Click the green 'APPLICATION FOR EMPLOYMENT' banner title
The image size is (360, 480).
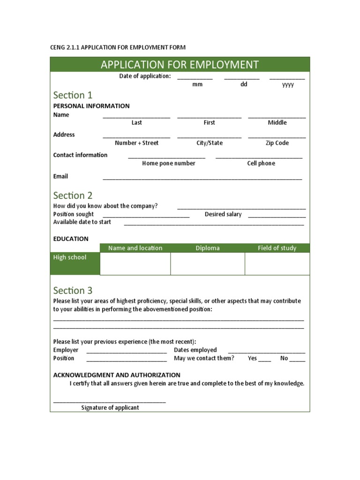pyautogui.click(x=180, y=64)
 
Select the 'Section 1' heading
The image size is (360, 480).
pyautogui.click(x=73, y=95)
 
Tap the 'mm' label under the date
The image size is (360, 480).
pyautogui.click(x=197, y=85)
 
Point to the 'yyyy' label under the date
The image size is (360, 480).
pyautogui.click(x=288, y=85)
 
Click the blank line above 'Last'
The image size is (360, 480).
pyautogui.click(x=136, y=117)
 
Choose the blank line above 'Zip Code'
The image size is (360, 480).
pyautogui.click(x=277, y=137)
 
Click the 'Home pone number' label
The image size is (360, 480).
pyautogui.click(x=169, y=164)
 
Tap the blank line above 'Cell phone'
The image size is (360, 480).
pyautogui.click(x=259, y=157)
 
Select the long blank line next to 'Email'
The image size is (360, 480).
pyautogui.click(x=202, y=179)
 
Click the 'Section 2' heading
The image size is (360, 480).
pyautogui.click(x=73, y=195)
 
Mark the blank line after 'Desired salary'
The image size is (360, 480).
pyautogui.click(x=277, y=217)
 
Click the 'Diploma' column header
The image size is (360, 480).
pyautogui.click(x=207, y=248)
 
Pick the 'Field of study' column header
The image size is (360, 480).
pyautogui.click(x=277, y=248)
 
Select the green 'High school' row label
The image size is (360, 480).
pyautogui.click(x=75, y=263)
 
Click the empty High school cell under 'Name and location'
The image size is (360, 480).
pyautogui.click(x=135, y=263)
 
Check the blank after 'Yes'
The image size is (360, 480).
pyautogui.click(x=264, y=360)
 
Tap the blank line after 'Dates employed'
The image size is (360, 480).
pyautogui.click(x=267, y=352)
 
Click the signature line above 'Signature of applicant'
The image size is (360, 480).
pyautogui.click(x=110, y=402)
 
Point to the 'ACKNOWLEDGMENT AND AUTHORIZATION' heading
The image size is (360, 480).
pyautogui.click(x=117, y=375)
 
